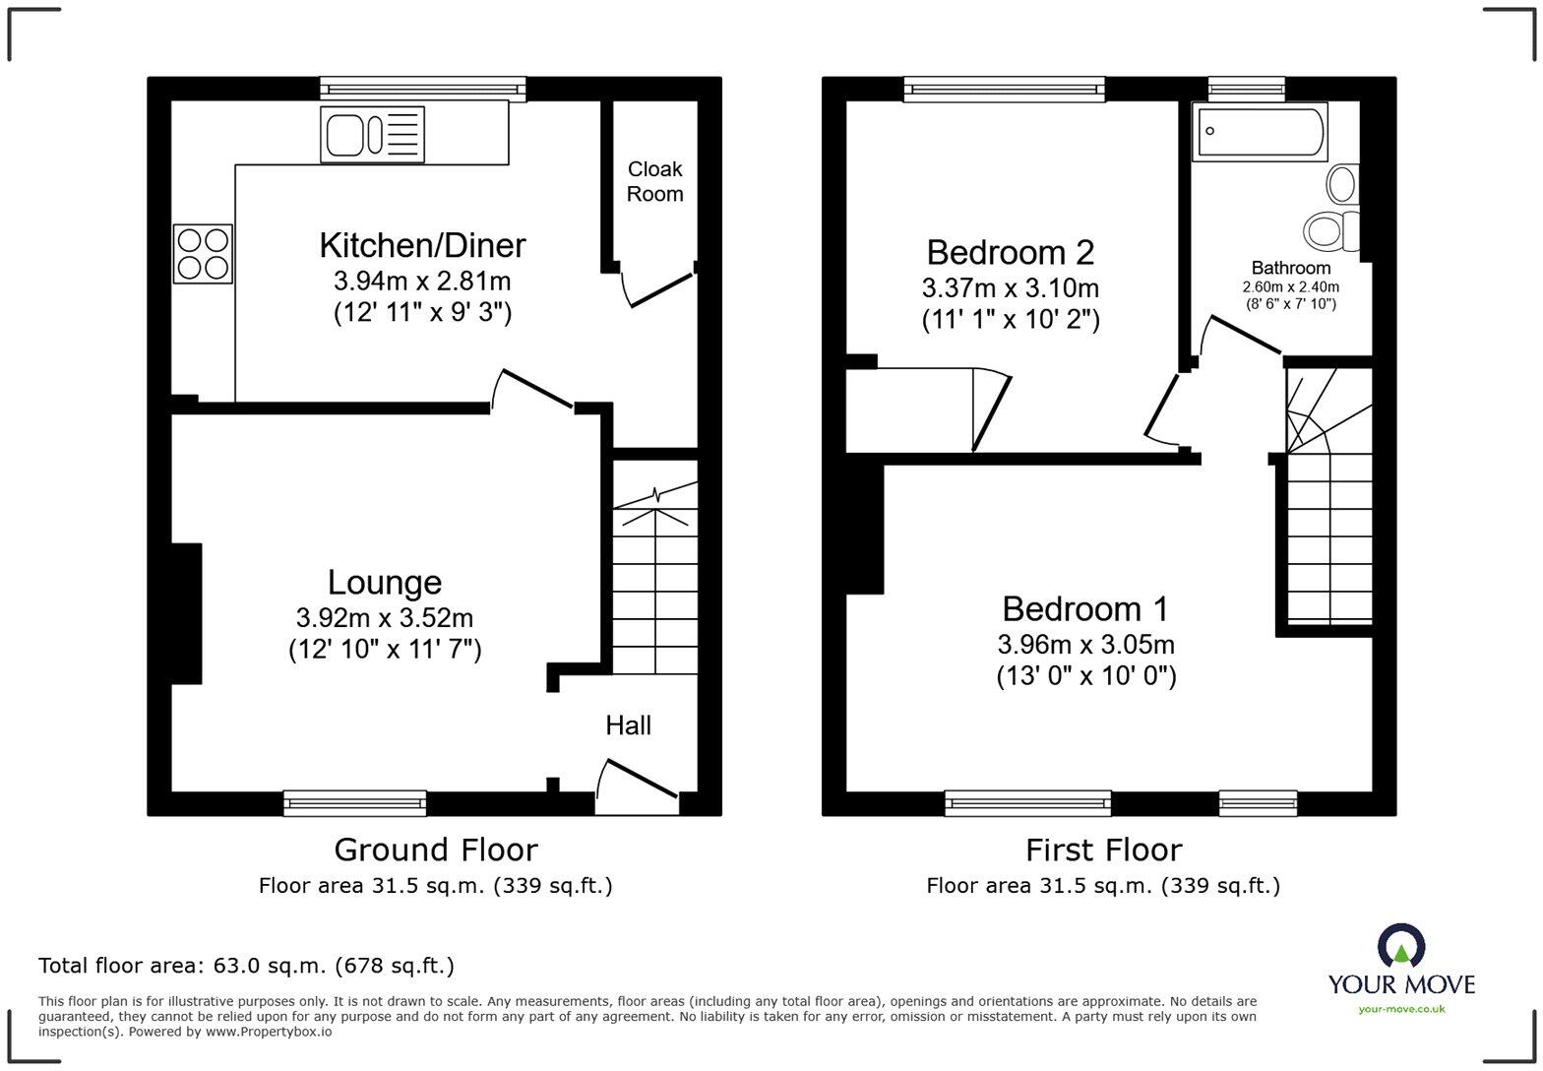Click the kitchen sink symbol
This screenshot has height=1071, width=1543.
click(372, 134)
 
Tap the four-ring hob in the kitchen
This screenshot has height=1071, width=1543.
click(203, 253)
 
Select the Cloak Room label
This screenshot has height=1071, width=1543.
click(654, 181)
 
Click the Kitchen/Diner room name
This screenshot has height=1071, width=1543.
click(422, 245)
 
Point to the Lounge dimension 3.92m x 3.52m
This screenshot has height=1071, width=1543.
click(384, 618)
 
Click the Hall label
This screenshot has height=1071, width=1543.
click(628, 725)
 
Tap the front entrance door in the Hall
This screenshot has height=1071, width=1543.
click(638, 778)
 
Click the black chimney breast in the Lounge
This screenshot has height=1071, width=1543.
click(186, 613)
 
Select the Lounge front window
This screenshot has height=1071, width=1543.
click(354, 803)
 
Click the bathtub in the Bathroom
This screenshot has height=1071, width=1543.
click(1259, 132)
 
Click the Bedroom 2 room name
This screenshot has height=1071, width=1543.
click(1010, 253)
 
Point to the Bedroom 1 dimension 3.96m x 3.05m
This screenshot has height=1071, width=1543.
click(1085, 645)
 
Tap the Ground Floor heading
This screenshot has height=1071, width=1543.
click(435, 850)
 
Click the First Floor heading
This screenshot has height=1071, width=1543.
click(1103, 850)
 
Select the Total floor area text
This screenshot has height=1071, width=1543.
click(246, 966)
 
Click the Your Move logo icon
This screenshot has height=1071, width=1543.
click(1400, 946)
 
